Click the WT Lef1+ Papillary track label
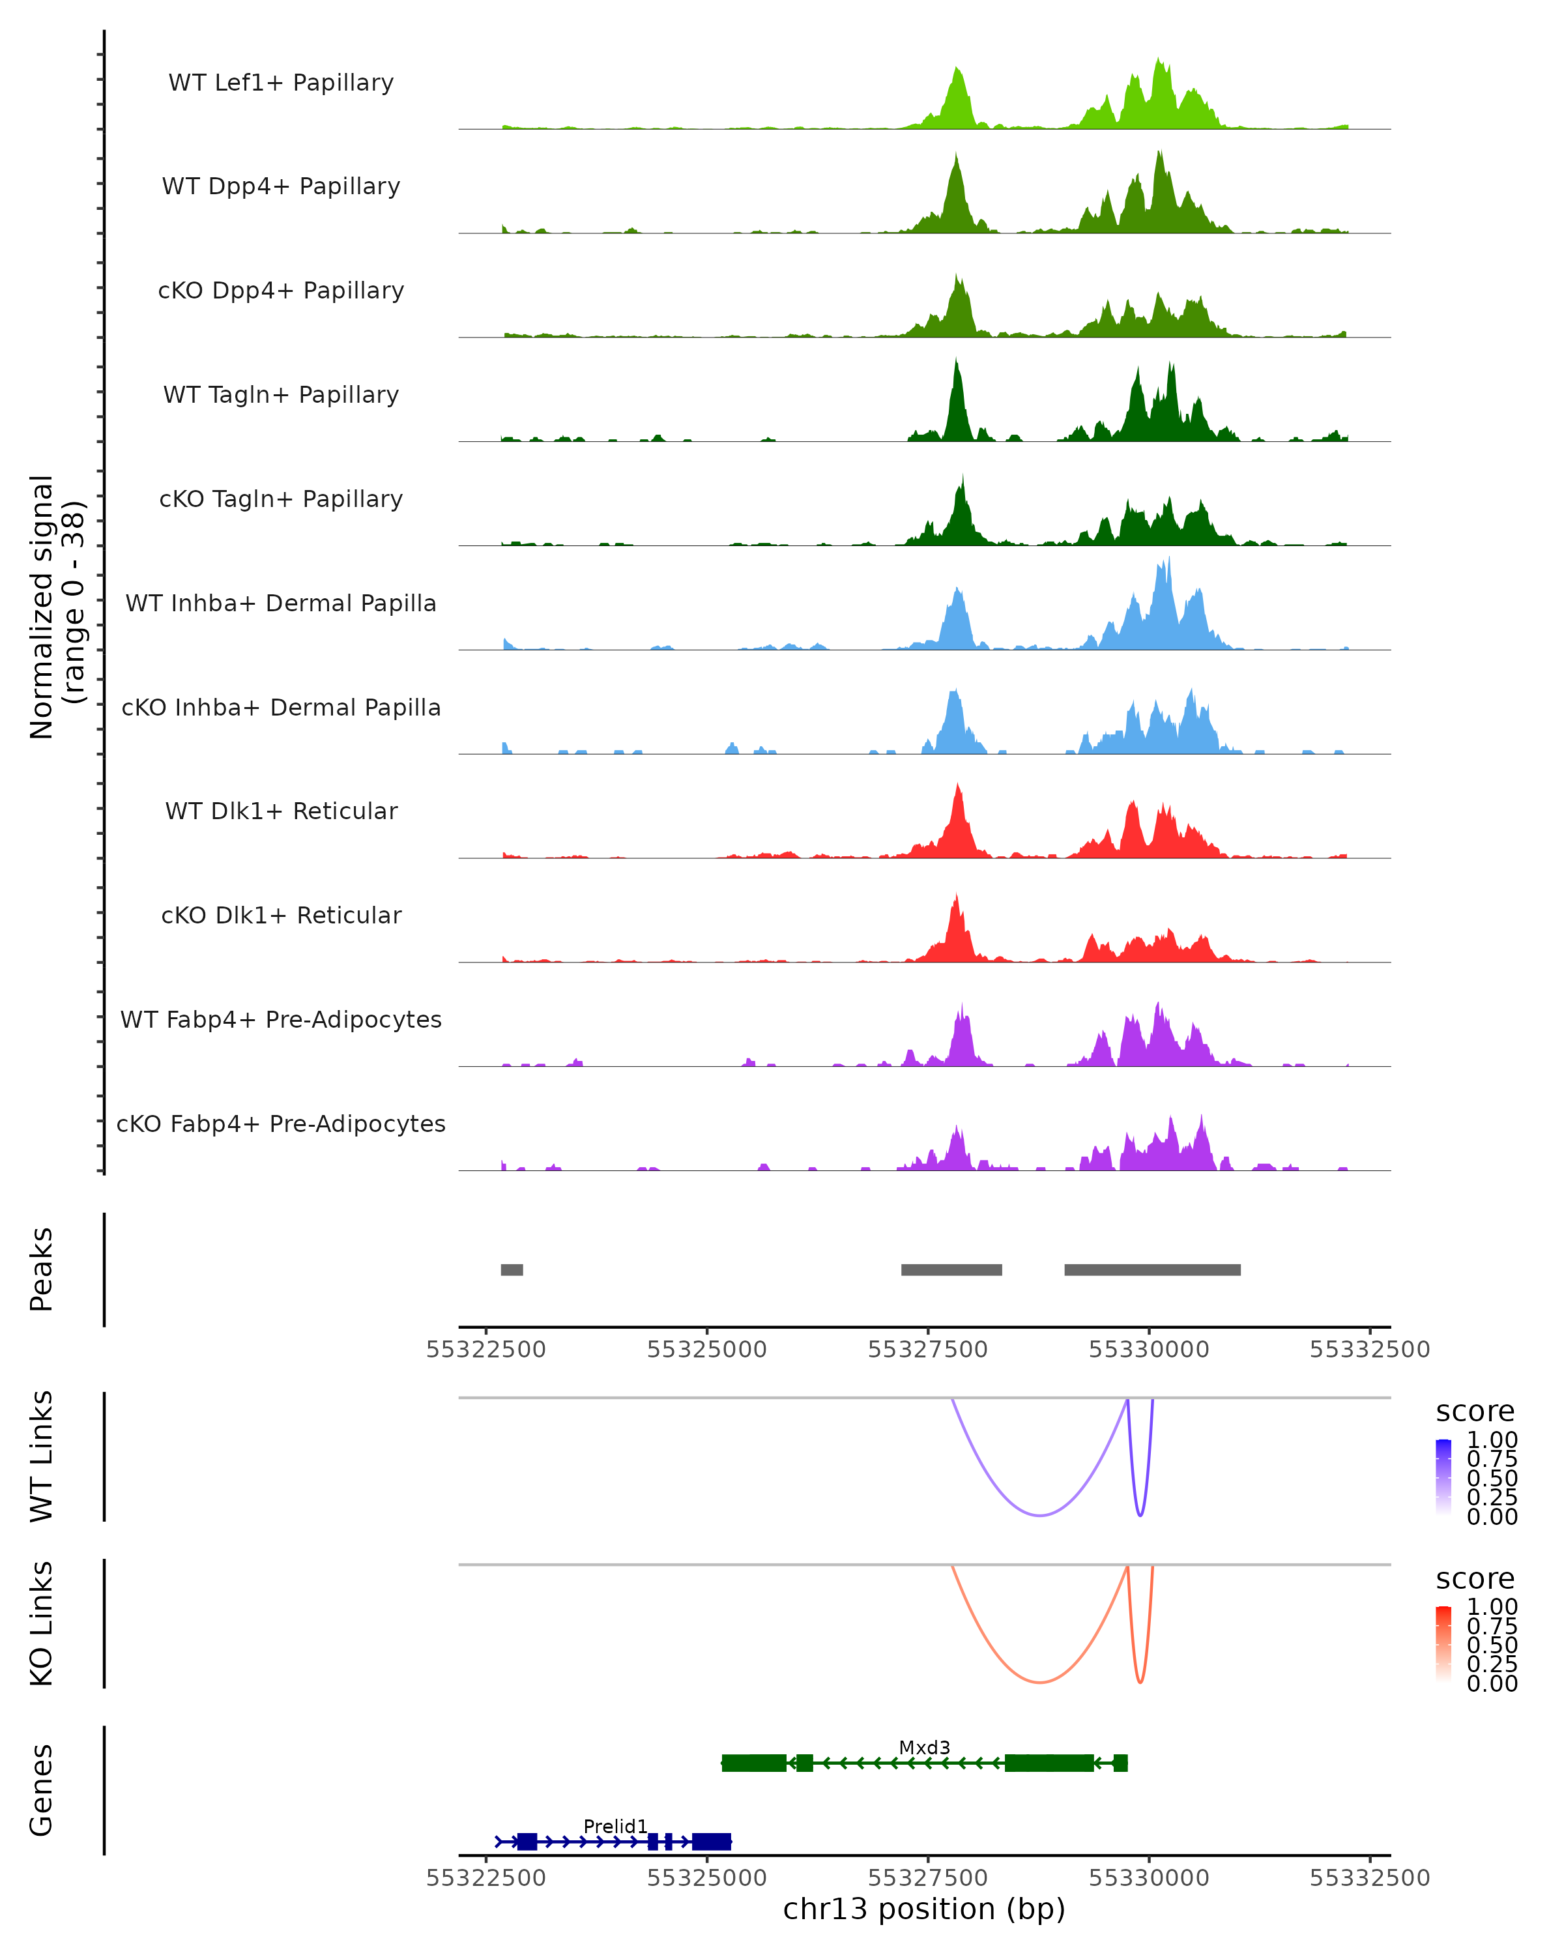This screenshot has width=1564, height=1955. [281, 83]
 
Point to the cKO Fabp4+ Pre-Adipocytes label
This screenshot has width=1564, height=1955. [281, 1123]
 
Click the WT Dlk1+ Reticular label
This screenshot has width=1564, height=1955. [281, 811]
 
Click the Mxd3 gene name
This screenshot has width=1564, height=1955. [924, 1747]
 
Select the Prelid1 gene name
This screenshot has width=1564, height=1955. [615, 1826]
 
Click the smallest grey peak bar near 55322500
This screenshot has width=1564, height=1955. [512, 1269]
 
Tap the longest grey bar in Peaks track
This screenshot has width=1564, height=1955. [1151, 1269]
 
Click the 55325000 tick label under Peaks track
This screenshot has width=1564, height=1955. [706, 1350]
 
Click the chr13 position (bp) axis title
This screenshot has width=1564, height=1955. [924, 1909]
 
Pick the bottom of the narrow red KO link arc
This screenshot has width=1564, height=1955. [1140, 1682]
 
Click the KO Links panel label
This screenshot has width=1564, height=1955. [42, 1623]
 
